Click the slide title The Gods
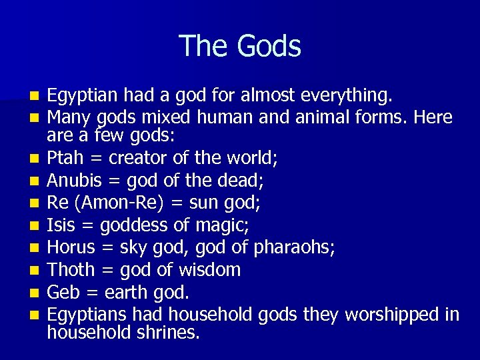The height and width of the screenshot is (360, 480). click(x=240, y=46)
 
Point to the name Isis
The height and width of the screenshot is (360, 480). click(x=61, y=226)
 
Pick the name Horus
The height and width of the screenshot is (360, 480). click(x=71, y=248)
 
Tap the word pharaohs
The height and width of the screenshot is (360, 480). click(x=294, y=248)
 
